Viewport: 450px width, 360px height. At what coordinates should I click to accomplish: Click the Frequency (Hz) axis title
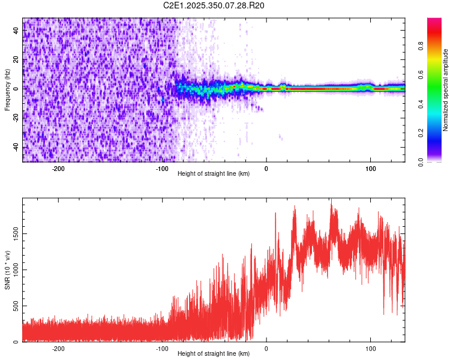tap(7, 90)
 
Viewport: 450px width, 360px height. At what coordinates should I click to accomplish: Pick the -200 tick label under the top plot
tap(58, 169)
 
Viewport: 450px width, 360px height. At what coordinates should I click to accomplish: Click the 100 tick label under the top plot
tap(371, 169)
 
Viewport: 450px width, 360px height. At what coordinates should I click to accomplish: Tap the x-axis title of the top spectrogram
tap(214, 174)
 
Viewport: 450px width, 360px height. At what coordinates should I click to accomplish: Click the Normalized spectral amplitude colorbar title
tap(446, 90)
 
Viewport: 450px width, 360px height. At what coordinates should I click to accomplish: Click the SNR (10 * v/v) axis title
tap(7, 270)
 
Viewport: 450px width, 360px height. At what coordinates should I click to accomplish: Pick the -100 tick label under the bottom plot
tap(163, 349)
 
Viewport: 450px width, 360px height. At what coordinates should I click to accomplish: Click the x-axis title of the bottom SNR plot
tap(214, 354)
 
